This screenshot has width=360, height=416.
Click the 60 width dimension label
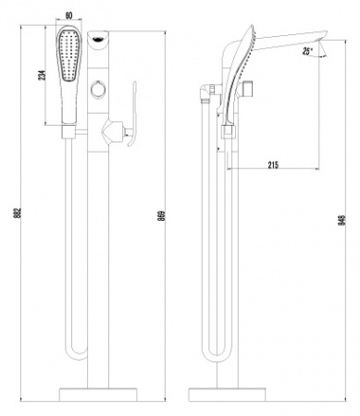click(x=69, y=16)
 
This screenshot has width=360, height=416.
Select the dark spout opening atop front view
click(x=98, y=38)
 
